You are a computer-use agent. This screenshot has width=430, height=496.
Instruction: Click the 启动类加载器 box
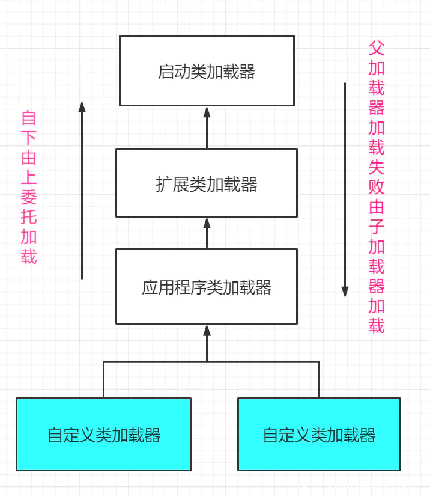click(207, 70)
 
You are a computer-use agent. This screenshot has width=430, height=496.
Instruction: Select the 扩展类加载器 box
click(207, 183)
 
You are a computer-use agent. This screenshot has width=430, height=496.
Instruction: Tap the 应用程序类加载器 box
click(207, 286)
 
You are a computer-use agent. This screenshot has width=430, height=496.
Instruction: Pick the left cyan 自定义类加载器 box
click(103, 433)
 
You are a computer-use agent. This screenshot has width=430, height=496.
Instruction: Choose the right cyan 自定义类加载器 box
click(319, 433)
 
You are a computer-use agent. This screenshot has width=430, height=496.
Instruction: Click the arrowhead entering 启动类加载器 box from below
click(207, 111)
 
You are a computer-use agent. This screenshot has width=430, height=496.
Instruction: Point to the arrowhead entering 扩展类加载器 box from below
click(207, 222)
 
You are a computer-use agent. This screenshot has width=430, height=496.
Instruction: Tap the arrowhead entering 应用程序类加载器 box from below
click(207, 329)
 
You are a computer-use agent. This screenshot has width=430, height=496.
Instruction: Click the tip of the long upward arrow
click(82, 106)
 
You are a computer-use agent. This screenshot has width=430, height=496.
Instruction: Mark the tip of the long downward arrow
click(345, 292)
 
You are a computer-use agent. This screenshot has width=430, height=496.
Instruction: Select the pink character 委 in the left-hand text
click(29, 198)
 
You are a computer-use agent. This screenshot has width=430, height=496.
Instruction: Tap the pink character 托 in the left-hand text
click(29, 218)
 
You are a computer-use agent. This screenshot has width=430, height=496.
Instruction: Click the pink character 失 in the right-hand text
click(377, 168)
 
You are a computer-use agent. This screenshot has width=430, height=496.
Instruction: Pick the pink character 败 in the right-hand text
click(377, 188)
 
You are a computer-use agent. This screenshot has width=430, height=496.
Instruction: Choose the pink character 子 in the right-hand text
click(377, 227)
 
